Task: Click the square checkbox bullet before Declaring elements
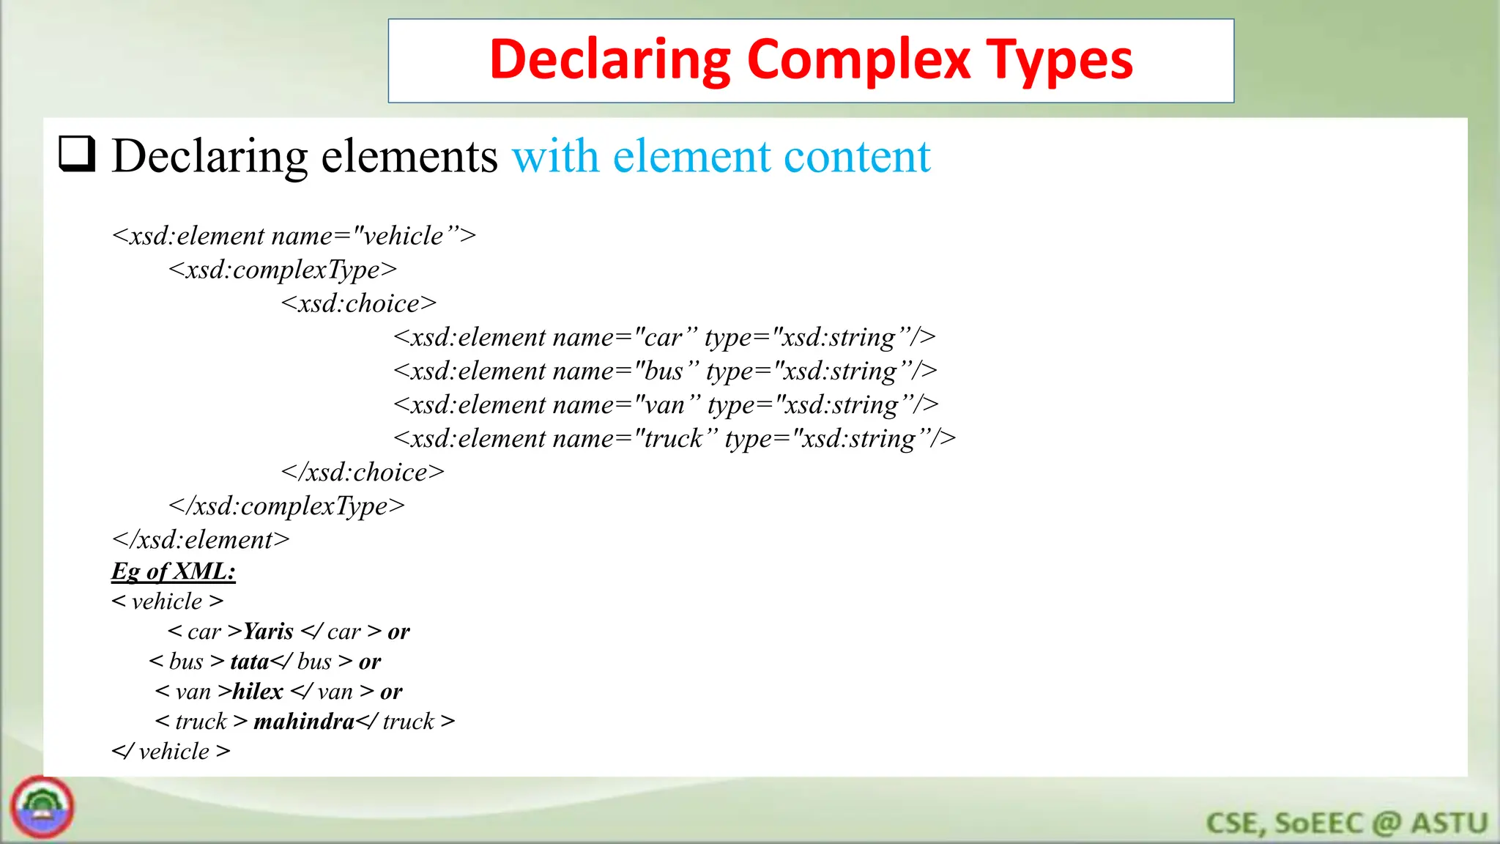pos(77,154)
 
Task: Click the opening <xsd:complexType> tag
pos(283,270)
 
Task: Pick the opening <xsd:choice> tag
pos(359,303)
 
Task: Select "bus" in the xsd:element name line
pos(664,371)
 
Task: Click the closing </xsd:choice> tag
pos(363,472)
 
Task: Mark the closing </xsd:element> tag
pos(201,539)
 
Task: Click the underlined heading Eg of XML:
pos(174,571)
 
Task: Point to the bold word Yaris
pos(268,631)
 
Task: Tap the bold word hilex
pos(258,691)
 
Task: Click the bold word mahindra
pos(304,721)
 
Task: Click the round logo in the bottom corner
pos(42,807)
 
